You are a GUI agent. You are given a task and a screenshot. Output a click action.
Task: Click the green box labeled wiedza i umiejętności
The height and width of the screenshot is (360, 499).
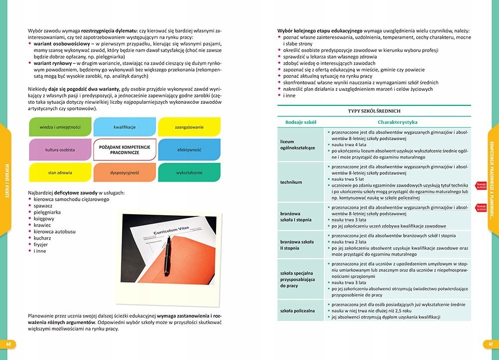click(x=60, y=127)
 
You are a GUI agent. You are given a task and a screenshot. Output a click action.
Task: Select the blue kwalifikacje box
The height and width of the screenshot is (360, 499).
click(x=125, y=127)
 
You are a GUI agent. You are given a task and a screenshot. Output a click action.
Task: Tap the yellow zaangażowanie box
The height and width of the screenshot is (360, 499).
click(x=189, y=127)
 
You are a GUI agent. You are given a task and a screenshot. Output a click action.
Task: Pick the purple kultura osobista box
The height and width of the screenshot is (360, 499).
click(x=60, y=150)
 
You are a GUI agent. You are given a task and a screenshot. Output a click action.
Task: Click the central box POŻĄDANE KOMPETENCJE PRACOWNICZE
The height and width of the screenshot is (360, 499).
click(x=125, y=149)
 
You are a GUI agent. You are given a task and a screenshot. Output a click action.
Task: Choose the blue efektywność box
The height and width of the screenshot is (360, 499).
click(x=189, y=150)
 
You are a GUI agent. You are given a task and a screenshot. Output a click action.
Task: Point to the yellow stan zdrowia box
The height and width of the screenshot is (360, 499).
click(x=60, y=173)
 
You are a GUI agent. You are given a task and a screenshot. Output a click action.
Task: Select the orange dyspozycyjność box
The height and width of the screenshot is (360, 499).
click(x=125, y=173)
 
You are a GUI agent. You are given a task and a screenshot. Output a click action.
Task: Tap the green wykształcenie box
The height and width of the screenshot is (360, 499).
click(x=189, y=173)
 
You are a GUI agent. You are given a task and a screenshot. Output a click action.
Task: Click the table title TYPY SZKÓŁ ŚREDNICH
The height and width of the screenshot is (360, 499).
click(x=374, y=111)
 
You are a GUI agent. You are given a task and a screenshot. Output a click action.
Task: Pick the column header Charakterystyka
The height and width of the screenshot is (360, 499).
click(x=398, y=122)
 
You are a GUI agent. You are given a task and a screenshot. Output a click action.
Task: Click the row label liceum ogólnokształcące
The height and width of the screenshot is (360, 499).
click(x=297, y=144)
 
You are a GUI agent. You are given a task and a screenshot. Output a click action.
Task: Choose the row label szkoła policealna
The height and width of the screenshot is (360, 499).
click(x=297, y=311)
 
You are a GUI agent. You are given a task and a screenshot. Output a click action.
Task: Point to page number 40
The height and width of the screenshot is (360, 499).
click(x=8, y=344)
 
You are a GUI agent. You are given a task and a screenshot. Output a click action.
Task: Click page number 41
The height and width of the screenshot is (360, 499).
click(x=491, y=344)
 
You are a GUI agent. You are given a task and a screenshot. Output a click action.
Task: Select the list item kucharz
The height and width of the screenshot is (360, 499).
click(x=43, y=238)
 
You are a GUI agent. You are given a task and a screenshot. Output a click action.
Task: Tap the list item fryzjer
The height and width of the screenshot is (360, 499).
click(x=41, y=245)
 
